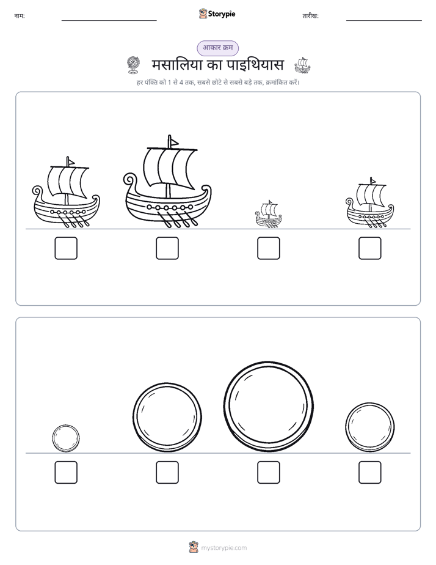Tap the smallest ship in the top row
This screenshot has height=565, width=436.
click(268, 215)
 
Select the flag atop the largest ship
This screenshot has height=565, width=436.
click(173, 142)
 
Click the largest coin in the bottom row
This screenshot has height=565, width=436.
click(268, 407)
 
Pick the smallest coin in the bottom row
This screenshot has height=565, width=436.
click(66, 438)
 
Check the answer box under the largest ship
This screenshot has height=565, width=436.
click(167, 248)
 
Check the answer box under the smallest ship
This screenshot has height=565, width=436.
click(268, 248)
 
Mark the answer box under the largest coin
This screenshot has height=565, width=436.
click(268, 473)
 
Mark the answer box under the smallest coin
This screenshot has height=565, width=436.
click(66, 473)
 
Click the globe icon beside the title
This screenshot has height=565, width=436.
click(133, 65)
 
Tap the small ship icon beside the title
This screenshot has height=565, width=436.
click(302, 65)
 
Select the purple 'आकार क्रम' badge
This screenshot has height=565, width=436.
click(217, 48)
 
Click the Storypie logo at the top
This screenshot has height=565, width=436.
click(217, 13)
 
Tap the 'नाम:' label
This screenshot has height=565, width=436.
click(20, 16)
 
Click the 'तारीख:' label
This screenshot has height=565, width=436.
click(310, 16)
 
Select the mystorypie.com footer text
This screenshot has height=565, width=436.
click(223, 548)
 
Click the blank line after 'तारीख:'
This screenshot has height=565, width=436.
click(384, 21)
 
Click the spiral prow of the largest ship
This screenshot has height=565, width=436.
click(130, 180)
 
